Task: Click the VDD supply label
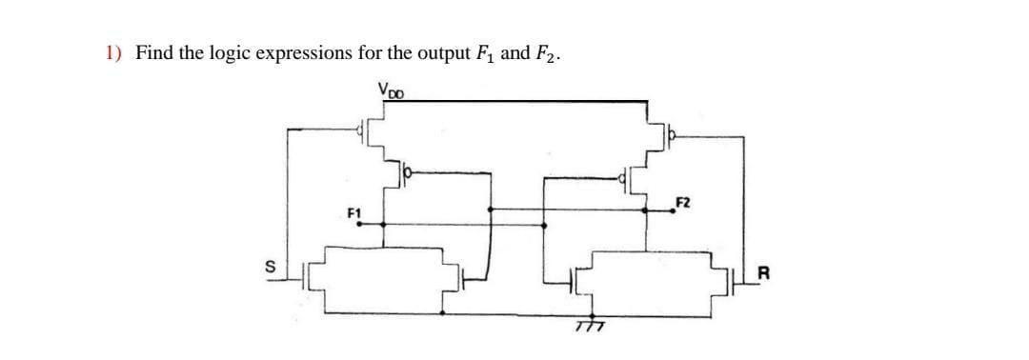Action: point(392,92)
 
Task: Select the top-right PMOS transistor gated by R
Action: point(656,135)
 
